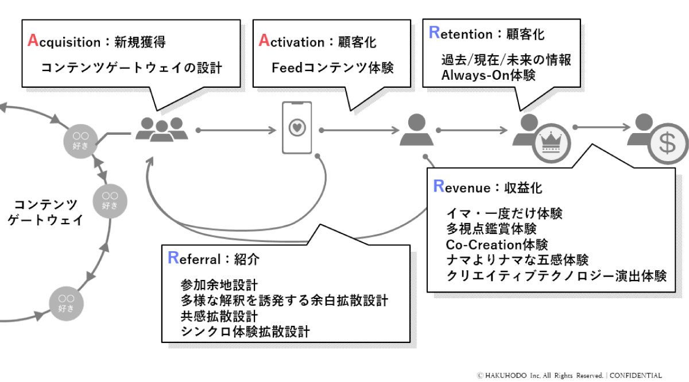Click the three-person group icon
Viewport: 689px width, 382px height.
[x=161, y=129]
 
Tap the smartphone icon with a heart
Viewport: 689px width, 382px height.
[x=297, y=128]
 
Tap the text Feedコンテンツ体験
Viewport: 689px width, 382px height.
[x=332, y=68]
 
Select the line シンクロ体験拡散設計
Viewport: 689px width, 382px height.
[x=245, y=331]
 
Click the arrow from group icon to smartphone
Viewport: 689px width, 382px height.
[x=236, y=131]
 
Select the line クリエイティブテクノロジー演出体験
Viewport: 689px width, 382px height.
[x=556, y=276]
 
